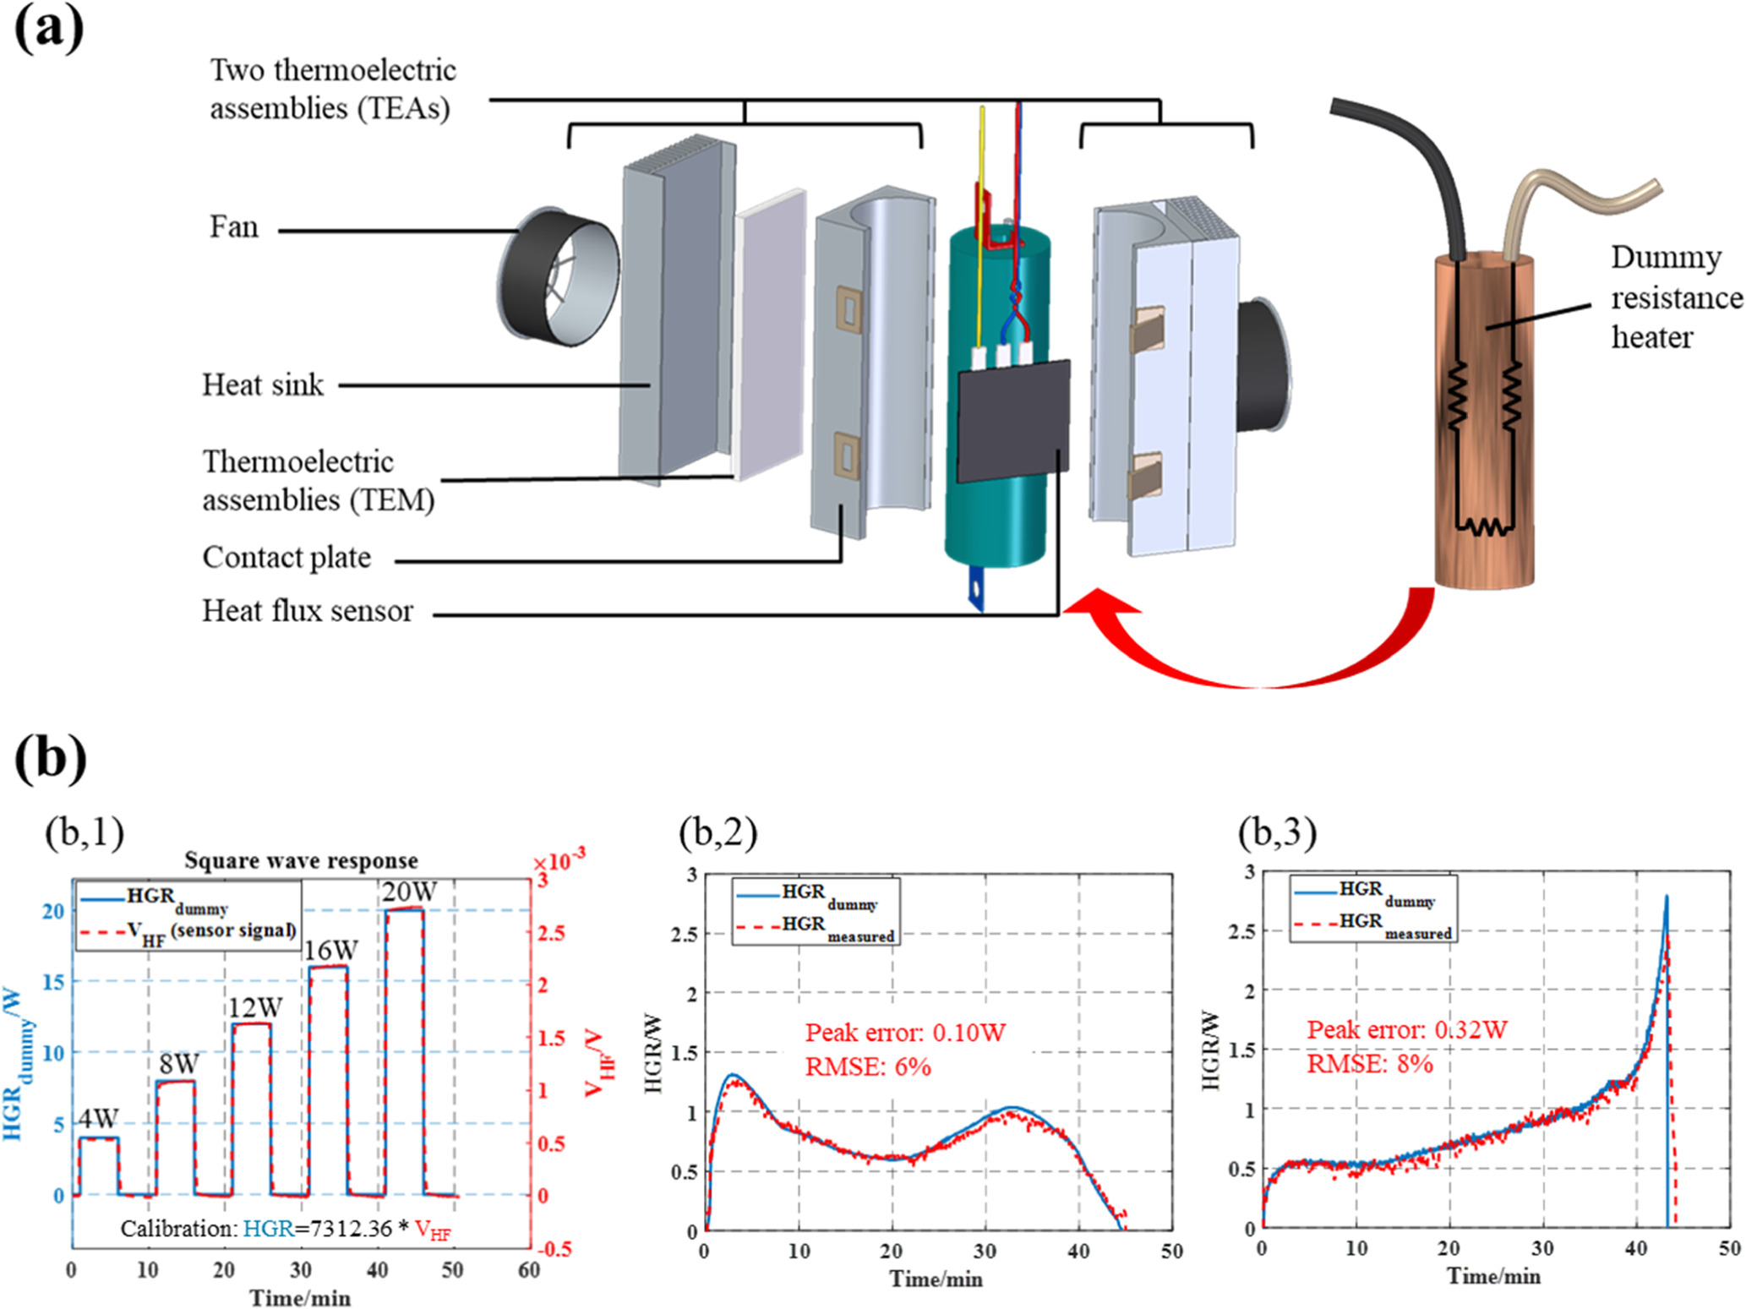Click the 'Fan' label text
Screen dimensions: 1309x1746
point(234,228)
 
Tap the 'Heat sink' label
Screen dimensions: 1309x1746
point(262,385)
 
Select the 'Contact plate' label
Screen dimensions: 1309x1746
point(286,558)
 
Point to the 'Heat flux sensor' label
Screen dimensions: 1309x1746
point(307,611)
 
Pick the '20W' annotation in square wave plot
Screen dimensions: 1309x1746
point(409,892)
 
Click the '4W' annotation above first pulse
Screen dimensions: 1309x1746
point(98,1119)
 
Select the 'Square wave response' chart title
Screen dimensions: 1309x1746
point(301,860)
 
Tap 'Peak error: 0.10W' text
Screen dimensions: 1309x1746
point(904,1033)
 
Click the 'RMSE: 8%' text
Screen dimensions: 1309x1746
point(1369,1064)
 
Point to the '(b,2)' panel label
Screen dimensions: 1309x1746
point(717,832)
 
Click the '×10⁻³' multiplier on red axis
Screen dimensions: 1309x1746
point(559,861)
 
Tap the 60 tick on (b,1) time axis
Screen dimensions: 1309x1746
point(529,1270)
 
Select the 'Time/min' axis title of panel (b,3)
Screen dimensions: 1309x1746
point(1493,1275)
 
